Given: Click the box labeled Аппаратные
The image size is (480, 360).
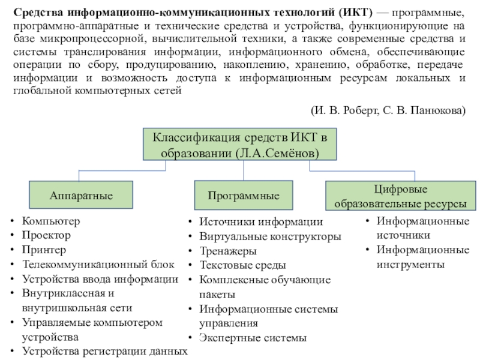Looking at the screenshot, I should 82,196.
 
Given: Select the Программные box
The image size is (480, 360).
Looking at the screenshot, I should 244,196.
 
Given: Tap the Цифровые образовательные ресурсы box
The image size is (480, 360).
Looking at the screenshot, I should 400,196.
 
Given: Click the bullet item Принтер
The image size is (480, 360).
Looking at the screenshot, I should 44,250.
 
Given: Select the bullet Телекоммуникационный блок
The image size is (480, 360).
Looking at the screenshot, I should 98,264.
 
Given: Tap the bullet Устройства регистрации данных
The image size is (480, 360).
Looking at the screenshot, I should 104,351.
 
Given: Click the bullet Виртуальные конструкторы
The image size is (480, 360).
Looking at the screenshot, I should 270,236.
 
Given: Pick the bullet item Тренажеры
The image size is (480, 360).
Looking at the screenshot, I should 228,251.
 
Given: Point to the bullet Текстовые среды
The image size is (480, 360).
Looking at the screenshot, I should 242,265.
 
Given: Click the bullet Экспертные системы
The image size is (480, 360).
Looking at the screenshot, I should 253,338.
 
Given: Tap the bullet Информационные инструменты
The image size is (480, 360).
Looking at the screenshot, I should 422,257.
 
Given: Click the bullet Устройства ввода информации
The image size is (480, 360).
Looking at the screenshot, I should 100,279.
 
